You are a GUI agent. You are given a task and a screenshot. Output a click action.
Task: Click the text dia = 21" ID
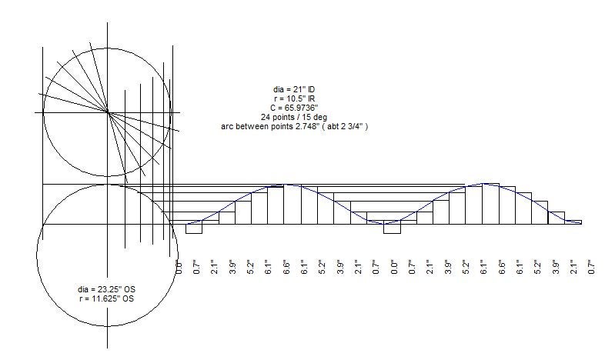294,90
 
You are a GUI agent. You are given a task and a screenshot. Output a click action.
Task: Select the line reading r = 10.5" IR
294,98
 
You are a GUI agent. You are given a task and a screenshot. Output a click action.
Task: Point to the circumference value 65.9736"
299,108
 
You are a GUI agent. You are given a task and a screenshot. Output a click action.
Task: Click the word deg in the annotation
321,117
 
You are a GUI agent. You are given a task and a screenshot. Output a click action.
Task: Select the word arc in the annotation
226,126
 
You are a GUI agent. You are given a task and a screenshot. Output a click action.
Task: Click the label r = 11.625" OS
107,298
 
